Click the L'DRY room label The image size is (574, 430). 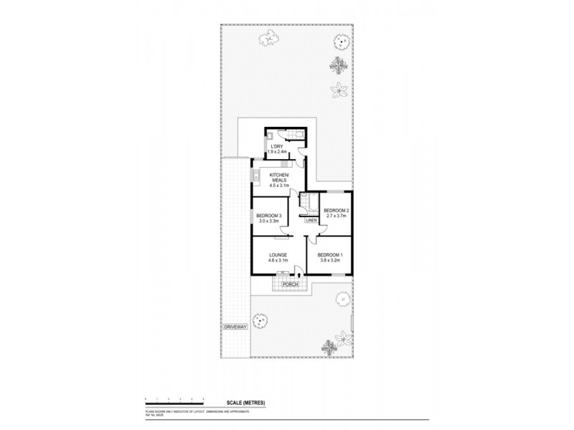(277, 145)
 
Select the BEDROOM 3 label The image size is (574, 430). (268, 216)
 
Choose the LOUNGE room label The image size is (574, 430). (278, 255)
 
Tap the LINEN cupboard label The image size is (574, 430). (311, 221)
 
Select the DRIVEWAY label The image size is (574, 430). (235, 327)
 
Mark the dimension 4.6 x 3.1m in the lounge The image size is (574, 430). (278, 261)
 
